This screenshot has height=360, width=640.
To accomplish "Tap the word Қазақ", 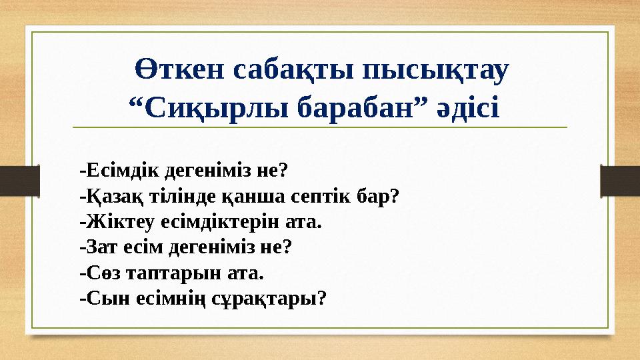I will (107, 196).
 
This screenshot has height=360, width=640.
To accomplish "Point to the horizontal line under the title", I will (320, 127).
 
